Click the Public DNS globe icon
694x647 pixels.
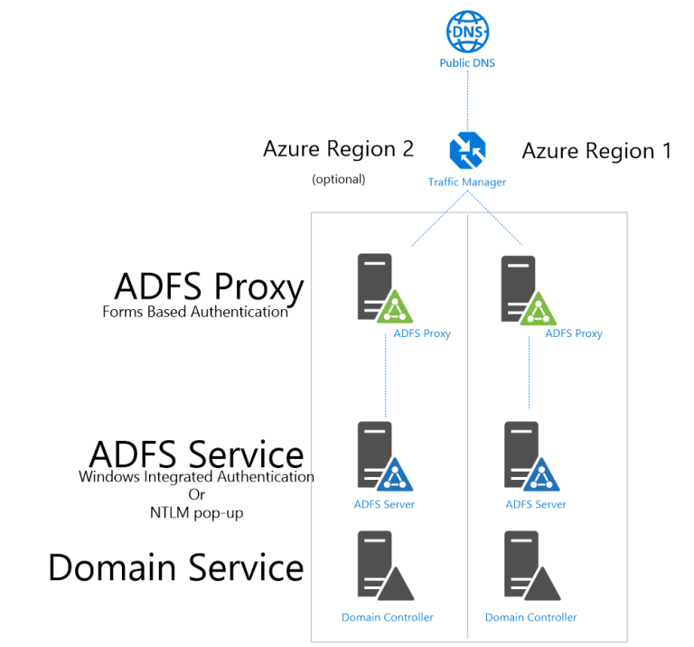pyautogui.click(x=467, y=31)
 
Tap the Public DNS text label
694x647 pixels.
pyautogui.click(x=467, y=63)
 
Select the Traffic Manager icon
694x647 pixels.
pyautogui.click(x=467, y=150)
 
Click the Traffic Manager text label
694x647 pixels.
pyautogui.click(x=467, y=182)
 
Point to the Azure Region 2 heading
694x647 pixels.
pyautogui.click(x=338, y=149)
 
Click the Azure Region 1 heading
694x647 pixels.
pyautogui.click(x=596, y=151)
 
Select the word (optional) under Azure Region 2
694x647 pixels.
pyautogui.click(x=338, y=179)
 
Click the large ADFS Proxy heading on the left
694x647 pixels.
pyautogui.click(x=209, y=286)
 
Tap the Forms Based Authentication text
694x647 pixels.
pyautogui.click(x=195, y=312)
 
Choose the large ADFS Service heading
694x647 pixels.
pyautogui.click(x=196, y=454)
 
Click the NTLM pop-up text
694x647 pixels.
pyautogui.click(x=196, y=512)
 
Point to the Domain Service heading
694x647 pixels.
pyautogui.click(x=175, y=567)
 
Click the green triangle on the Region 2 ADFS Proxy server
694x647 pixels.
pyautogui.click(x=395, y=308)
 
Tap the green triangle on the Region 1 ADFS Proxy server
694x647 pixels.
pyautogui.click(x=539, y=308)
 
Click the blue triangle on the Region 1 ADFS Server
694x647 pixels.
pyautogui.click(x=539, y=475)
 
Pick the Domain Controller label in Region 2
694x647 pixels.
pyautogui.click(x=387, y=617)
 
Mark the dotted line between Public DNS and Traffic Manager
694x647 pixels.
pyautogui.click(x=467, y=99)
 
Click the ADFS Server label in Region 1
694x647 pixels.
pyautogui.click(x=536, y=504)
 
